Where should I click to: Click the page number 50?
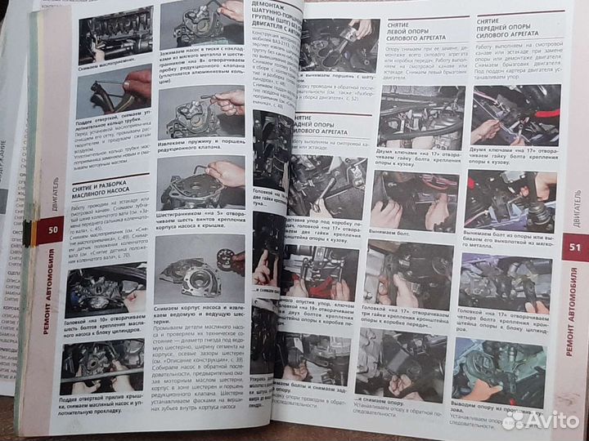(x=52, y=230)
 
